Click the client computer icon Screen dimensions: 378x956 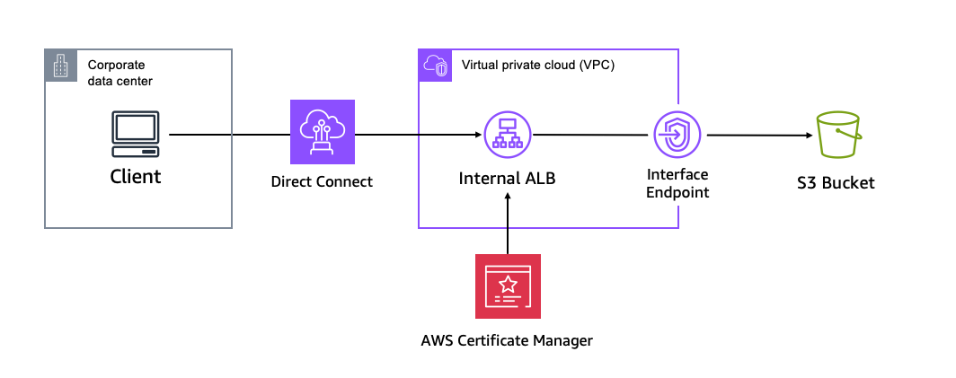[x=136, y=135]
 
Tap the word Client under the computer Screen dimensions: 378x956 [x=136, y=176]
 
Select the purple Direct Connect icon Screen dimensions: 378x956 [x=323, y=134]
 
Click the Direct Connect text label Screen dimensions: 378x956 [x=322, y=182]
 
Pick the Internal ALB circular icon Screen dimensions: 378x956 [x=507, y=135]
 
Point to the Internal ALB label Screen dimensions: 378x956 [x=508, y=179]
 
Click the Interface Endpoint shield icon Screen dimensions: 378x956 [x=676, y=136]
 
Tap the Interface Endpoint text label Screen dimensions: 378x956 [x=677, y=182]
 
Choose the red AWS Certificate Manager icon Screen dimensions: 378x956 [x=508, y=286]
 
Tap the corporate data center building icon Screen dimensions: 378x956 [x=60, y=66]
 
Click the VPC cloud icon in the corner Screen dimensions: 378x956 [x=435, y=66]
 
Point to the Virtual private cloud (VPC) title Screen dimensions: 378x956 [x=537, y=66]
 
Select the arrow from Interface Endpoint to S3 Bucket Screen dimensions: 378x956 [x=758, y=136]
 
